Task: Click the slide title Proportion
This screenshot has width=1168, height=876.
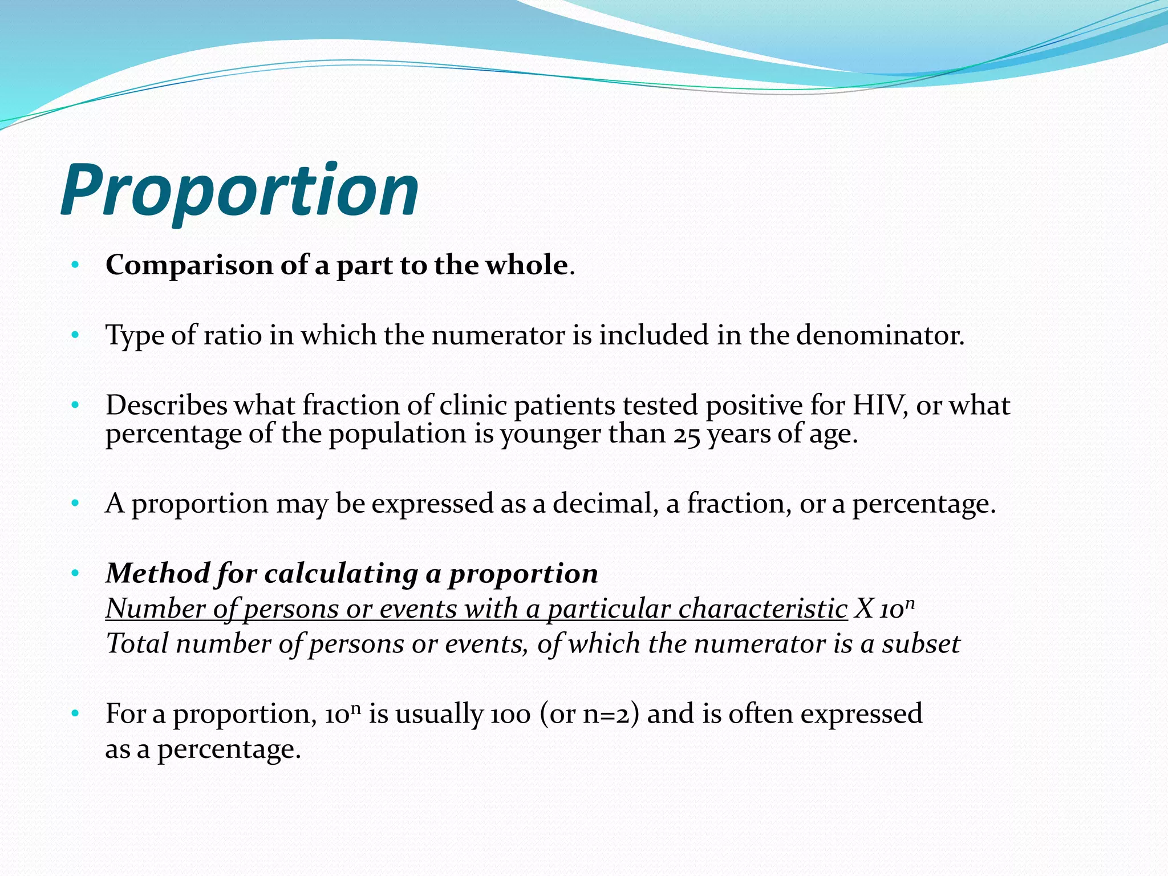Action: (x=240, y=191)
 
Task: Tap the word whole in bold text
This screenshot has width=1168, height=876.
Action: (x=526, y=266)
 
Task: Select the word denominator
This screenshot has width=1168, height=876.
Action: (x=879, y=335)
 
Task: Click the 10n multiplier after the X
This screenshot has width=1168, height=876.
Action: (x=897, y=610)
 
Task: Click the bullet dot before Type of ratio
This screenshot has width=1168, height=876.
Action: (x=75, y=335)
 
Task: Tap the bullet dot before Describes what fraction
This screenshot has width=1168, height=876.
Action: (x=75, y=405)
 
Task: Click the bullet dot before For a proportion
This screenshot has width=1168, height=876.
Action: (x=75, y=714)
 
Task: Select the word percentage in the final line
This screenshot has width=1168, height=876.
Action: (x=228, y=750)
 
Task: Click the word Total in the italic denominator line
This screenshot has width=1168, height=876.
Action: (x=137, y=644)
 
